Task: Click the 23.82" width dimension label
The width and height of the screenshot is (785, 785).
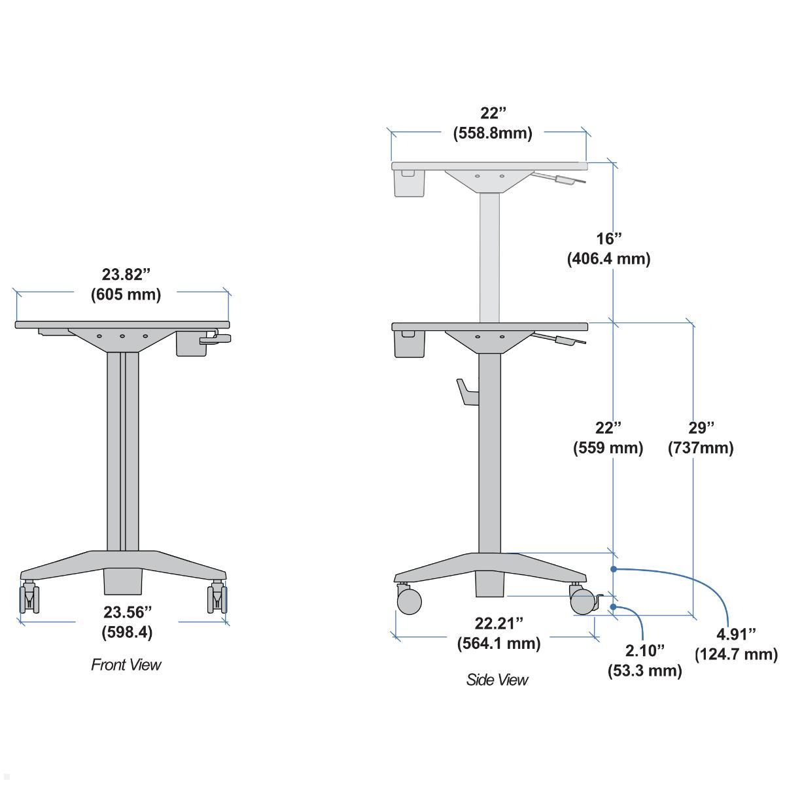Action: point(125,284)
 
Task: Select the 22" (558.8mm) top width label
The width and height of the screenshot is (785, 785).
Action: point(493,123)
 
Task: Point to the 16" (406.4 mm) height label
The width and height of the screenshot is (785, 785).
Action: point(608,249)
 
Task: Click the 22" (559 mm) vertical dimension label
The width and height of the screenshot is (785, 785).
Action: point(608,438)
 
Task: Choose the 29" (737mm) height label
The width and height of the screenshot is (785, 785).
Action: point(700,438)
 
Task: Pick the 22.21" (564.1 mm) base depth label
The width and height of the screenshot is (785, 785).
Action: point(498,633)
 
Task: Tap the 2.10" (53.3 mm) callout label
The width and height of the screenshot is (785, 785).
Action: point(644,660)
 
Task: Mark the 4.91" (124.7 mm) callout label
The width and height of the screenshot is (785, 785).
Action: point(736,644)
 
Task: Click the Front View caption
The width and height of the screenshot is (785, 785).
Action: point(126,665)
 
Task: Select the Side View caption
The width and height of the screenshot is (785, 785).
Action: point(497,680)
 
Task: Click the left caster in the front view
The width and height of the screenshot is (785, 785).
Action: point(29,597)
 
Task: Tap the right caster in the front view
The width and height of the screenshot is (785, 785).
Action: point(217,597)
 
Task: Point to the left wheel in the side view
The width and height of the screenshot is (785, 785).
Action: point(408,601)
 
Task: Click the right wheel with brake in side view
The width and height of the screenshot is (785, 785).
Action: point(582,602)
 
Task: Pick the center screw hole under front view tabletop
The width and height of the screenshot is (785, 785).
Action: point(122,336)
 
